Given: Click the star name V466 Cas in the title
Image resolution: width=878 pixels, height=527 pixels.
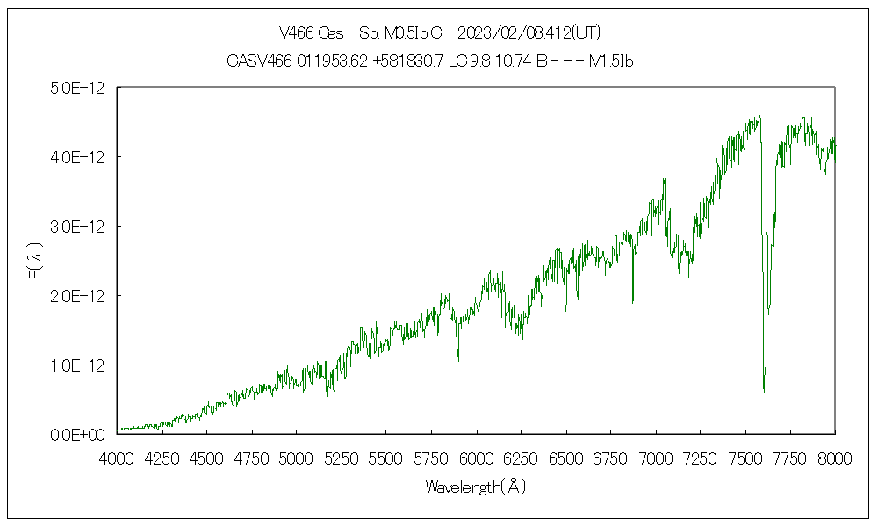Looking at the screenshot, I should [x=311, y=34].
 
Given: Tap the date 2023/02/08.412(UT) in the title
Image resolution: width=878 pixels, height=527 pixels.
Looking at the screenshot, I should [x=529, y=34].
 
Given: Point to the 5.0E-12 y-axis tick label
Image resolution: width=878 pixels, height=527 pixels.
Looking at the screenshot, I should [x=79, y=88].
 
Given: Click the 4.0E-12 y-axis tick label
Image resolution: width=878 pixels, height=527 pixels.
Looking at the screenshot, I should [x=79, y=157].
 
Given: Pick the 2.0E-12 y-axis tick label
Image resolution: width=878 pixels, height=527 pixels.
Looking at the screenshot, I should [x=79, y=296].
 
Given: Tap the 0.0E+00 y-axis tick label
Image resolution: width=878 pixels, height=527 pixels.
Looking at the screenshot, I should [x=79, y=434].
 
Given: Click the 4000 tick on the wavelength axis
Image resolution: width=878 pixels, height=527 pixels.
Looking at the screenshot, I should [x=118, y=457].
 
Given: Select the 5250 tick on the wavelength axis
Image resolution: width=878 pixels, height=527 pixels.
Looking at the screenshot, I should [x=342, y=457].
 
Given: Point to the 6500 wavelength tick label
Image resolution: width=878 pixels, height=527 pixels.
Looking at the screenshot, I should [x=566, y=457].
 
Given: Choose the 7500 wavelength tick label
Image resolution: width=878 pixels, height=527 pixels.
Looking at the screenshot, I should [x=745, y=457].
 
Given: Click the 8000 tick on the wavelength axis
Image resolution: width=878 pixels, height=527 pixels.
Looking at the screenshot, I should [x=835, y=457].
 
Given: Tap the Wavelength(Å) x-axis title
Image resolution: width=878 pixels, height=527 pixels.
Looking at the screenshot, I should [x=475, y=486].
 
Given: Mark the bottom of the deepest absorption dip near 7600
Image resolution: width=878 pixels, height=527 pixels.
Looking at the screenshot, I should [x=764, y=392].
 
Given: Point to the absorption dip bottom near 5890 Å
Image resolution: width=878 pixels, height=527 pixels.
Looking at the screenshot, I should [x=457, y=368].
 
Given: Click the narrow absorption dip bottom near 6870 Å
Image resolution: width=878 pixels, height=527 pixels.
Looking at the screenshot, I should [x=633, y=302].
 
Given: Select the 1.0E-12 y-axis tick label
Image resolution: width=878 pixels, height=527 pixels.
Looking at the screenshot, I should [x=79, y=365].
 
